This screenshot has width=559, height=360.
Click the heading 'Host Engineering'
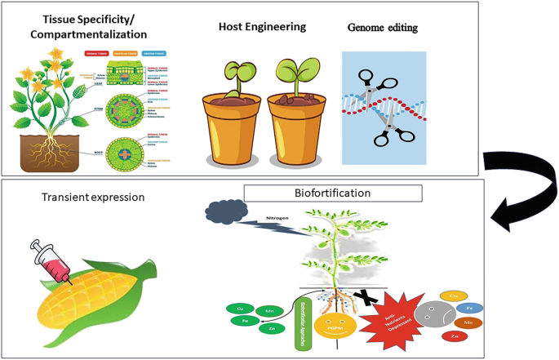(x=261, y=27)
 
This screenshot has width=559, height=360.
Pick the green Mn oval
(x=268, y=311)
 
